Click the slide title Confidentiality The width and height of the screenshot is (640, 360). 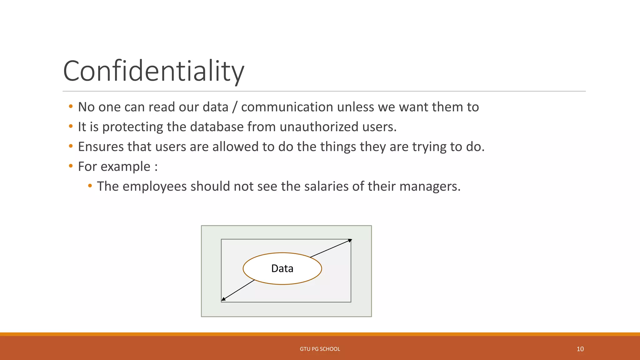click(x=153, y=71)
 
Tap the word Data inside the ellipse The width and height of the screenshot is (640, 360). click(x=282, y=268)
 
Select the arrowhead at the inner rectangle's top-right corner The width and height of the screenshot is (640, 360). click(x=350, y=240)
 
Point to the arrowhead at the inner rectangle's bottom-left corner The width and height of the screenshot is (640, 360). click(x=223, y=299)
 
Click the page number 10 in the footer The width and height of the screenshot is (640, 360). click(x=580, y=349)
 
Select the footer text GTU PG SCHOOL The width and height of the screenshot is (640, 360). click(x=320, y=349)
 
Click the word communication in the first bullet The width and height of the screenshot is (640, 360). click(x=287, y=107)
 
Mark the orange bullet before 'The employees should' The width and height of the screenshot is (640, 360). click(x=90, y=186)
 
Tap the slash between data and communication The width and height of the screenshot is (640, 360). click(x=235, y=107)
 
